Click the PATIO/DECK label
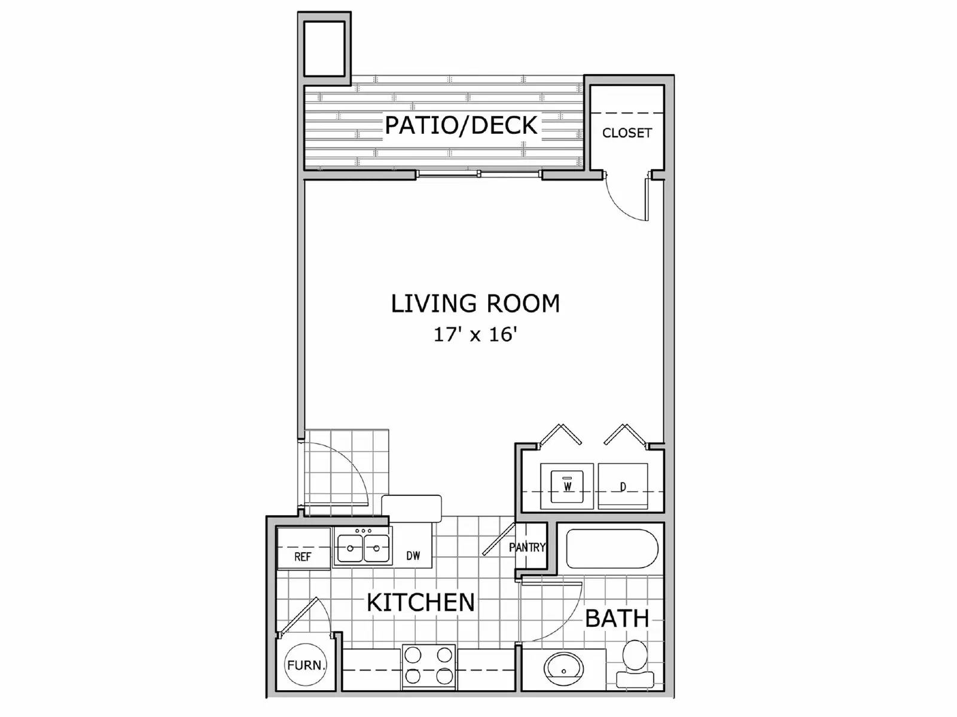point(461,125)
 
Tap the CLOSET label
point(626,133)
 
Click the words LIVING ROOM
point(476,304)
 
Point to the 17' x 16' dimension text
point(476,335)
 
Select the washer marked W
point(567,486)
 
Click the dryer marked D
point(623,486)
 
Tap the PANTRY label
point(527,547)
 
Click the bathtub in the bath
point(612,549)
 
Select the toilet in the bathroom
point(635,663)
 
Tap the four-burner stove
point(428,666)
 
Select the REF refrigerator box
point(303,549)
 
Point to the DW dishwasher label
point(413,556)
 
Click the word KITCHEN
point(420,602)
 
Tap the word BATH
point(617,618)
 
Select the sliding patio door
point(478,174)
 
